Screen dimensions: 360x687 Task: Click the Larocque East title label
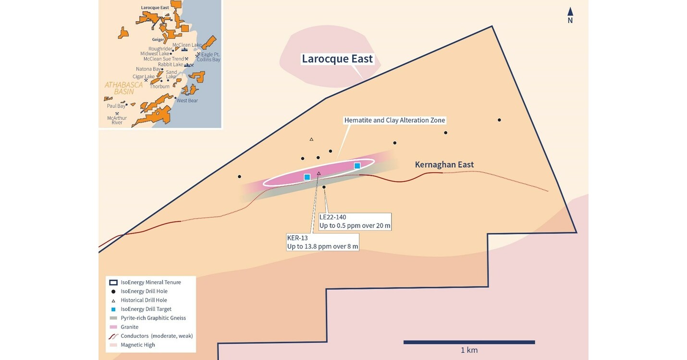pos(337,59)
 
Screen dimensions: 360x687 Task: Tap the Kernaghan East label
pos(444,165)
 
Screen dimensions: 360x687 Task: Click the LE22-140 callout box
pos(355,222)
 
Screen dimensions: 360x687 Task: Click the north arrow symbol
pos(570,14)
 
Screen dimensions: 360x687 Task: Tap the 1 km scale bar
pos(469,342)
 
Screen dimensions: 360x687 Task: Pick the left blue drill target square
pos(307,177)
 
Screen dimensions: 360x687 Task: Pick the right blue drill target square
pos(357,166)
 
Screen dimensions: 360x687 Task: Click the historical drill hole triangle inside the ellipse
pos(319,173)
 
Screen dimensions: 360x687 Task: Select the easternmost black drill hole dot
pos(499,120)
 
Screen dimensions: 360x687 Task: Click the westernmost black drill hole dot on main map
pos(239,176)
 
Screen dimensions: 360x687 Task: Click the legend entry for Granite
pos(129,327)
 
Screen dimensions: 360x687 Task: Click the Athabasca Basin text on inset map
pos(123,88)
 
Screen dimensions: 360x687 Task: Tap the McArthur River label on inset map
pos(117,120)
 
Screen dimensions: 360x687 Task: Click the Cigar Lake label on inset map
pos(144,76)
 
